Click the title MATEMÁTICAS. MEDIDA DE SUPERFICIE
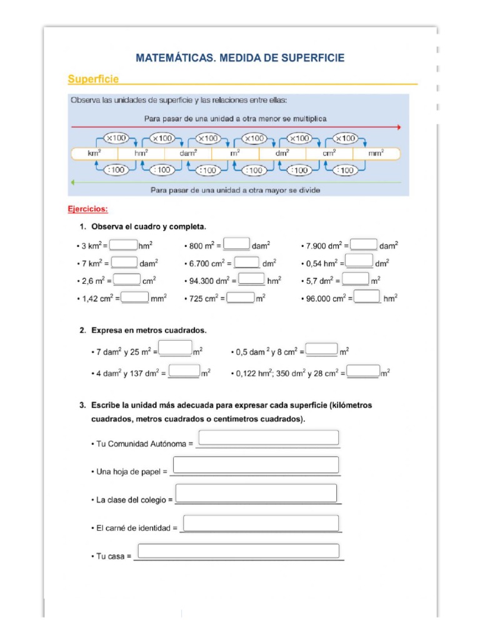240,58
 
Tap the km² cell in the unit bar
94,153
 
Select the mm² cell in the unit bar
376,153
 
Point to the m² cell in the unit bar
235,153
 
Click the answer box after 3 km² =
124,245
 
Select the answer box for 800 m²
237,244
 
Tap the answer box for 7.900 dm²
364,245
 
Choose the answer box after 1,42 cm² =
135,298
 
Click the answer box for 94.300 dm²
252,279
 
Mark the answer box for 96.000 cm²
367,297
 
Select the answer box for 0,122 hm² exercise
363,371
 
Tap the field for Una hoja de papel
256,465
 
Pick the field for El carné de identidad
261,523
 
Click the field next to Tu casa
238,551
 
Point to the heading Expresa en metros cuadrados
149,330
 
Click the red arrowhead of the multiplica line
397,127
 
